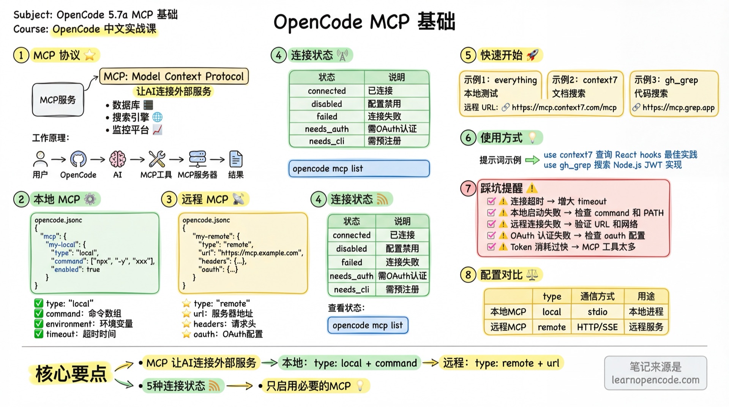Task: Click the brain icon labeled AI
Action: tap(117, 159)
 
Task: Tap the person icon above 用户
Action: tap(40, 159)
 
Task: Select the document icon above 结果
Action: tap(236, 159)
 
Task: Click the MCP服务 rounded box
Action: tap(58, 100)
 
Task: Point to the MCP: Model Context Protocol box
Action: tap(174, 76)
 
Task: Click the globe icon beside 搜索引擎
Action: tap(157, 117)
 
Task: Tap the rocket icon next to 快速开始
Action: tap(532, 55)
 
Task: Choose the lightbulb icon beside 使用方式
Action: tap(532, 138)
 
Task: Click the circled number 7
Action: tap(468, 188)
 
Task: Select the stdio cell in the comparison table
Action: tap(597, 312)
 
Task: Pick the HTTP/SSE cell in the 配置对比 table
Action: tap(597, 327)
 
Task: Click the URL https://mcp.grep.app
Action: tap(679, 108)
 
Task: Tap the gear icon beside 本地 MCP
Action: tap(90, 199)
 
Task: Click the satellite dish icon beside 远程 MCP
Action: tap(238, 199)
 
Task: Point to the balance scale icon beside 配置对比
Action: tap(532, 275)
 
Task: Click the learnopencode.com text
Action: tap(655, 380)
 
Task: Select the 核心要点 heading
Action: tap(71, 374)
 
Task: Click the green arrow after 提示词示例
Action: tap(532, 160)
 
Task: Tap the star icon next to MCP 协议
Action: tap(90, 55)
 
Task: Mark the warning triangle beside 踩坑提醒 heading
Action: tap(532, 188)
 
